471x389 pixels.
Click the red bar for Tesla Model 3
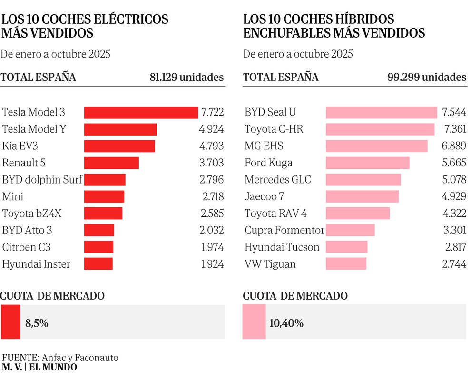point(141,113)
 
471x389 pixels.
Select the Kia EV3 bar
point(119,146)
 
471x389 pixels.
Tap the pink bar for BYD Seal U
point(381,113)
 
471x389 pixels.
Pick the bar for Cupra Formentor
point(350,230)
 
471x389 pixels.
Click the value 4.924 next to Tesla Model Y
point(211,129)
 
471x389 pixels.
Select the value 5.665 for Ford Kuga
point(454,163)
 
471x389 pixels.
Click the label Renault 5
point(24,163)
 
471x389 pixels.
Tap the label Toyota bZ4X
point(32,214)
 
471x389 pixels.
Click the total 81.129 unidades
point(186,78)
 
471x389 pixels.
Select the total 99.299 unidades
point(427,78)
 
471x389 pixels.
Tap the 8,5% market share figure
point(37,323)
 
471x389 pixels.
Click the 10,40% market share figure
point(286,323)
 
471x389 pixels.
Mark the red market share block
point(10,322)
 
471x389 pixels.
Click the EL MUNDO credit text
point(53,367)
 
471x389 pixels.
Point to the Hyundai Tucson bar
point(346,247)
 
